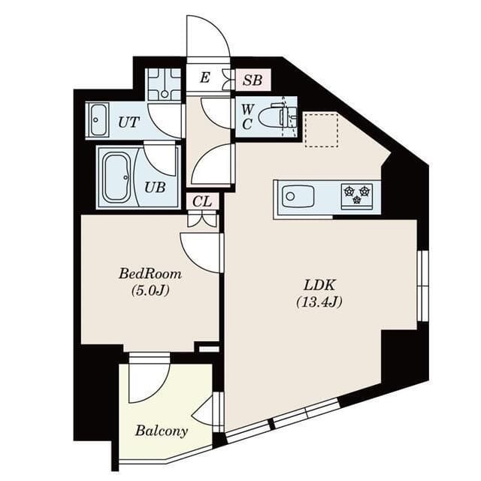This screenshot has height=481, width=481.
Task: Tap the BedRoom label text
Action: click(x=150, y=274)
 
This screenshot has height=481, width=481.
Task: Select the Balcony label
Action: click(x=161, y=431)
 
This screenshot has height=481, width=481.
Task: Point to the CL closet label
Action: click(x=201, y=201)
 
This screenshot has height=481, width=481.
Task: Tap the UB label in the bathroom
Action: click(x=154, y=188)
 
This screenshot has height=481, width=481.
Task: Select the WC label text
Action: click(x=247, y=116)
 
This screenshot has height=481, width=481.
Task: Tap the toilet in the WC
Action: click(x=275, y=116)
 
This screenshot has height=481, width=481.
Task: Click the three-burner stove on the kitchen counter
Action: click(x=357, y=195)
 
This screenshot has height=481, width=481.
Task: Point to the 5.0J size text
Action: click(x=150, y=291)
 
